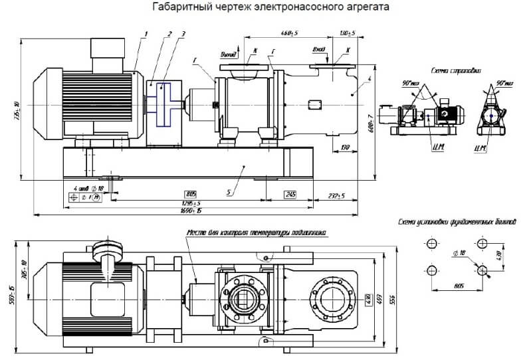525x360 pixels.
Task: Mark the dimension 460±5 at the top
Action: coord(288,32)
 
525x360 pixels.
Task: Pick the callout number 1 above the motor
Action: coord(146,33)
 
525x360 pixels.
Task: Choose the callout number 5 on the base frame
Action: coord(229,192)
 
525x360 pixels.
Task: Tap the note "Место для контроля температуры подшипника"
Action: coord(256,232)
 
